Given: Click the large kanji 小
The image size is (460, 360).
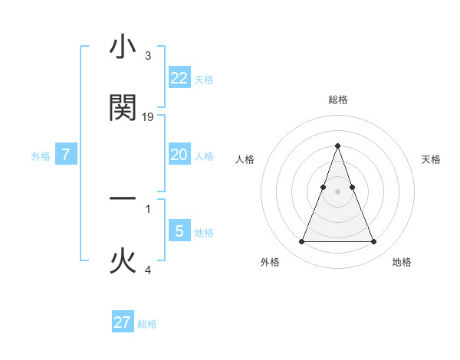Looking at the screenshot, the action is pos(123,47).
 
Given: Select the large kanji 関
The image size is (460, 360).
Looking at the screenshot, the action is pos(123,108).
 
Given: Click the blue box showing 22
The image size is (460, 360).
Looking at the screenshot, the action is pos(179,77).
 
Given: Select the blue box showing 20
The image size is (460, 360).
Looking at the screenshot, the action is pos(179,155).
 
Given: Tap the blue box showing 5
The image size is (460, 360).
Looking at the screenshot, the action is pos(179,231).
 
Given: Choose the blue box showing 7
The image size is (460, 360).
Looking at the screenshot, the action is pos(66,155).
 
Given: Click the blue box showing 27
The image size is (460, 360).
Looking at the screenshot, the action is pos(123,322).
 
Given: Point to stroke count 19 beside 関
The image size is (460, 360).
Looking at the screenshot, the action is pos(149,117).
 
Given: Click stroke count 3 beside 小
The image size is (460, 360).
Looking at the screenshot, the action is pos(147,56).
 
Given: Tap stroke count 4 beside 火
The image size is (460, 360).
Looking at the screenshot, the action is pos(147,270).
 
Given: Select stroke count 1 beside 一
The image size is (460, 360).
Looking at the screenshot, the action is pos(147,208).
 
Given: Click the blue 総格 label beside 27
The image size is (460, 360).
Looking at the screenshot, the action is pos(147,324).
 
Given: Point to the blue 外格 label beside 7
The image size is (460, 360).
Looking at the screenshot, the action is pos(41,156).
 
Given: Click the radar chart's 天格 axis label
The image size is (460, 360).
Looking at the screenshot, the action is pos(432,159).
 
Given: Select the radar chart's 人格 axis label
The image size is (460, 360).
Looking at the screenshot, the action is pos(245,159).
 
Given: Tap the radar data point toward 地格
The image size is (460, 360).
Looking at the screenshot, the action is pos(374,242).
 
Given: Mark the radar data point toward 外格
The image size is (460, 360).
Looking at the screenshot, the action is pos(301,242).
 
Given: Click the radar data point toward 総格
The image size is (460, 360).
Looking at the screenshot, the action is pos(337,146).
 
